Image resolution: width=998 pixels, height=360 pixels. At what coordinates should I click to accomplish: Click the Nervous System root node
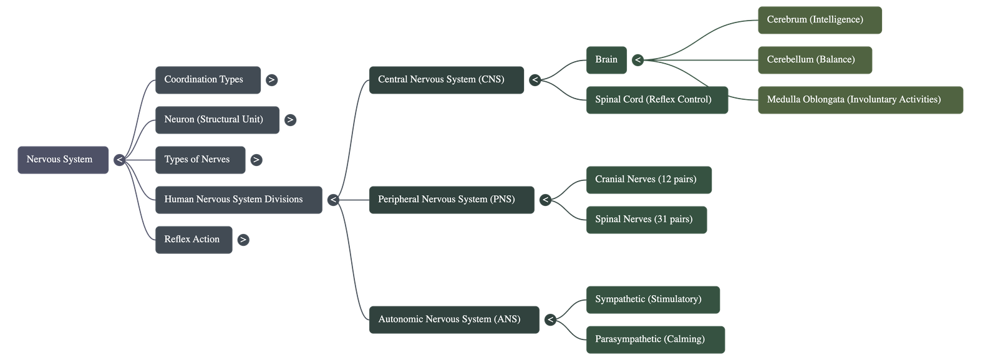[63, 160]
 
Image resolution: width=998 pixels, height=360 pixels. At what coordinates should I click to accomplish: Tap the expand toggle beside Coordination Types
[271, 80]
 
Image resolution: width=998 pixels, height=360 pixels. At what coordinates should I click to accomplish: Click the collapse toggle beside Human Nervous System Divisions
[333, 200]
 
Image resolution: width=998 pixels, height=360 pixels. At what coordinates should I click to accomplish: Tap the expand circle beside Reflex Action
[243, 240]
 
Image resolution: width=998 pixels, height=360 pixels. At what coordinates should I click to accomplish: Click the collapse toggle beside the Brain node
[637, 60]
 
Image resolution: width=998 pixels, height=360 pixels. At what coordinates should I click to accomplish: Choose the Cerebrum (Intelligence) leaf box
[820, 20]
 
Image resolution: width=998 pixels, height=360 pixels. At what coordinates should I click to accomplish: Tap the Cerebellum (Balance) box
[815, 60]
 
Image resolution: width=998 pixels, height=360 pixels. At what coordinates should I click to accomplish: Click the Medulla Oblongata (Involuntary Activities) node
[860, 100]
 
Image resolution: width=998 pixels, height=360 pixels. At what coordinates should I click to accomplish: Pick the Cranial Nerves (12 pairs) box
[649, 180]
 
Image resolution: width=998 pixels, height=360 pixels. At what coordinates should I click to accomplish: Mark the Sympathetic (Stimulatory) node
[653, 299]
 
